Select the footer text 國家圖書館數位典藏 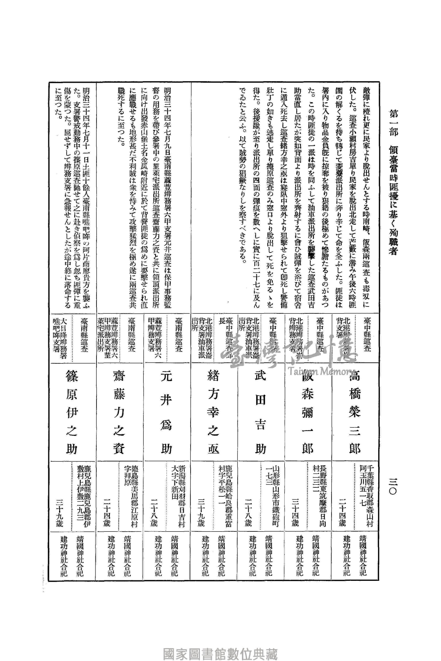[x=220, y=646]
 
